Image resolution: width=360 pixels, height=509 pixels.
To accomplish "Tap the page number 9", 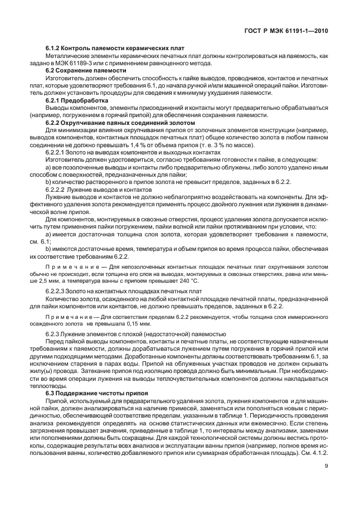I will point(325,475).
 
